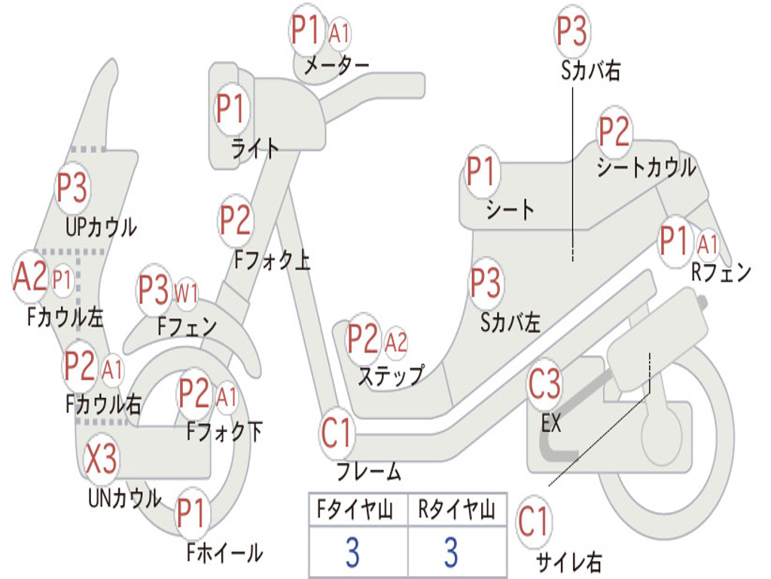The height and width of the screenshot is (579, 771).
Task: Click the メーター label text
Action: pyautogui.click(x=336, y=66)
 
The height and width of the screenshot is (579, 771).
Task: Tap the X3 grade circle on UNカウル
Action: pyautogui.click(x=102, y=459)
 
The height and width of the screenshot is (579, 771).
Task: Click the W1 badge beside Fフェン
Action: pyautogui.click(x=186, y=292)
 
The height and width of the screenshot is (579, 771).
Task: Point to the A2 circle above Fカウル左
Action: pyautogui.click(x=30, y=277)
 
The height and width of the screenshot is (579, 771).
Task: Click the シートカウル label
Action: pyautogui.click(x=646, y=167)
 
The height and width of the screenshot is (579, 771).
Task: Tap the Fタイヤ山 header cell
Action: pyautogui.click(x=357, y=511)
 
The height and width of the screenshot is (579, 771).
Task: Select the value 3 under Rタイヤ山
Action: pyautogui.click(x=450, y=553)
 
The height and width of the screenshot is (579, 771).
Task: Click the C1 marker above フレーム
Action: pyautogui.click(x=337, y=434)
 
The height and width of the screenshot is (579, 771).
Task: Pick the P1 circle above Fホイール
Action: pyautogui.click(x=192, y=515)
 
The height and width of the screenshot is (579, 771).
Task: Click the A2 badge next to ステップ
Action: pyautogui.click(x=396, y=342)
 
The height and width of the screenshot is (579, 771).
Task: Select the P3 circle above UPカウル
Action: pyautogui.click(x=72, y=188)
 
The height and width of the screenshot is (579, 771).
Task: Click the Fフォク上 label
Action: pyautogui.click(x=272, y=261)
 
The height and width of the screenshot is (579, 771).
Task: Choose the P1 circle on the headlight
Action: pyautogui.click(x=231, y=109)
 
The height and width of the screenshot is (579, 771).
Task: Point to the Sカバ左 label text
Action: pyautogui.click(x=510, y=323)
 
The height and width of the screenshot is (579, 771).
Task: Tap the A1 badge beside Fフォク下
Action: pyautogui.click(x=227, y=395)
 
